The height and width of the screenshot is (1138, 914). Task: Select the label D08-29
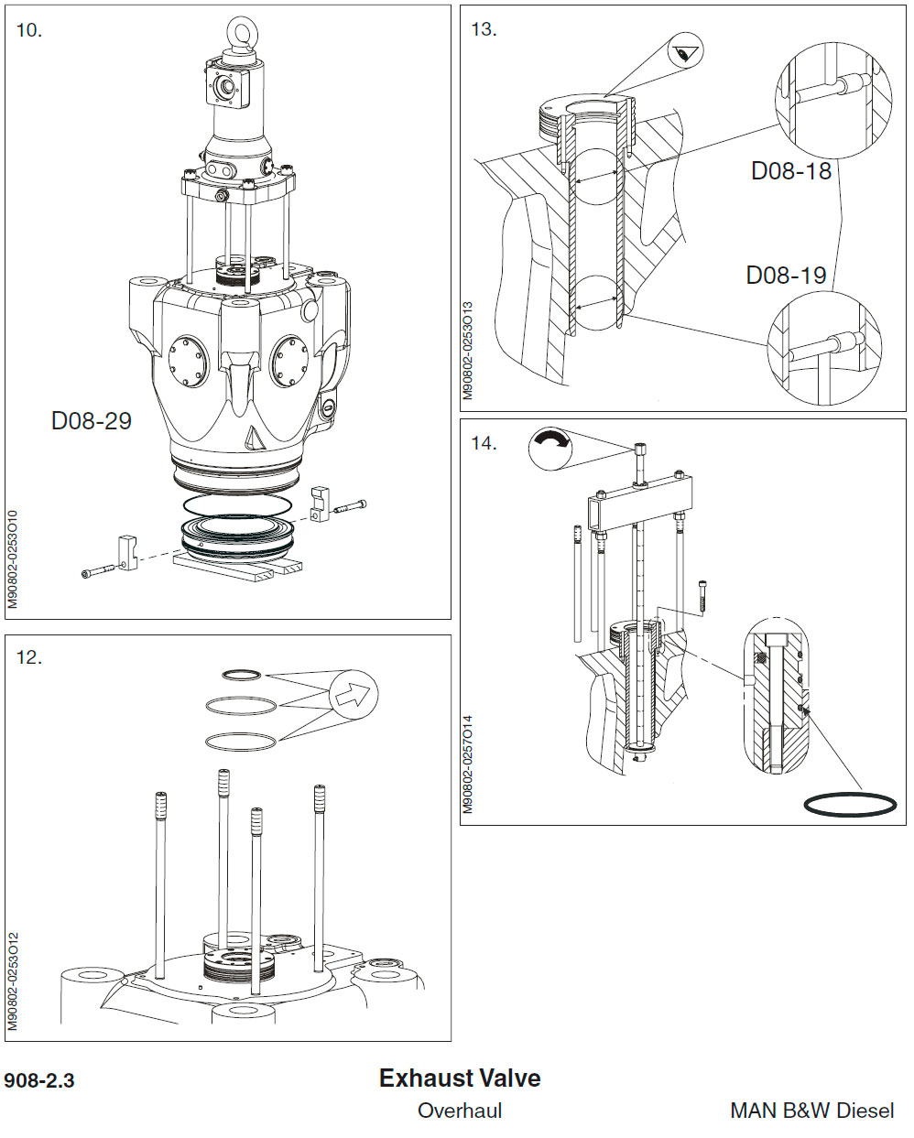click(92, 421)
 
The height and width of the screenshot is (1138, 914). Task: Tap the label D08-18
click(790, 171)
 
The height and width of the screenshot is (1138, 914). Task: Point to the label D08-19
click(786, 276)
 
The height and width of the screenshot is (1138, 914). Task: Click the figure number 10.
click(28, 30)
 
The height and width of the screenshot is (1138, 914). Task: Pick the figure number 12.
click(28, 657)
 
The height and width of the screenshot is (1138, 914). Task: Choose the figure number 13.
click(484, 30)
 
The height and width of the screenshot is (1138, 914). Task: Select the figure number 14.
click(484, 443)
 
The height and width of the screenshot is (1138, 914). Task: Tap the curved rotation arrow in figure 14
click(550, 443)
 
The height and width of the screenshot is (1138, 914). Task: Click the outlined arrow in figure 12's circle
click(354, 695)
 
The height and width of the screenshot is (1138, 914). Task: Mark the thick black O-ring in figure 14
click(849, 804)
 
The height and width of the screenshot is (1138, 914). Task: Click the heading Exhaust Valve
click(460, 1078)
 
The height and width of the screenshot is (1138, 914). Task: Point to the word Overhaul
click(460, 1111)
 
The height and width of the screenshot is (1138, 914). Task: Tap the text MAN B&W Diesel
click(811, 1111)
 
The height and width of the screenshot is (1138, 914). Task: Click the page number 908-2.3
click(39, 1081)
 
